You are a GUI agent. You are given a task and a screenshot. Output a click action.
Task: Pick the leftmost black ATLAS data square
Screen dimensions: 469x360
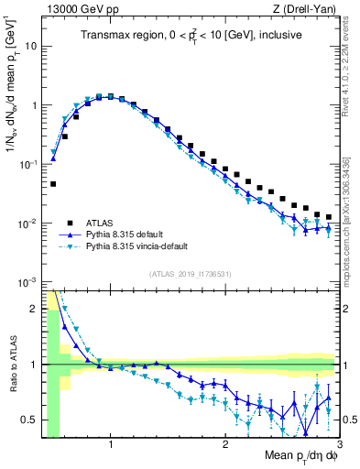53,184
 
